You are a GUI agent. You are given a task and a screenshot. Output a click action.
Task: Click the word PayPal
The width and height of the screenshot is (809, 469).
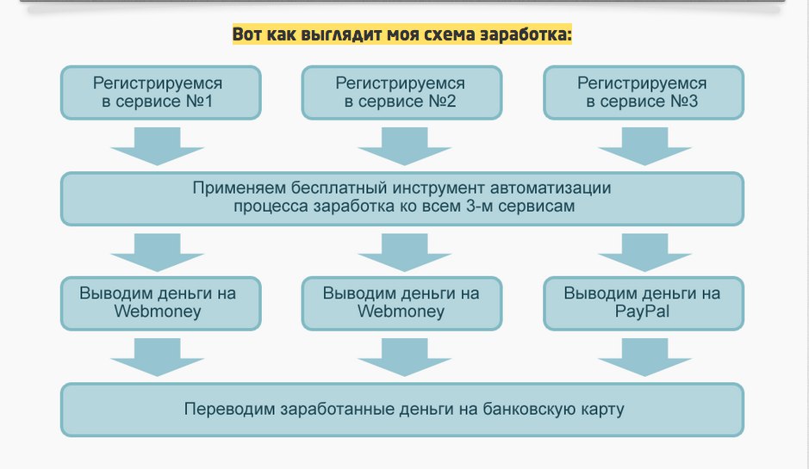642,312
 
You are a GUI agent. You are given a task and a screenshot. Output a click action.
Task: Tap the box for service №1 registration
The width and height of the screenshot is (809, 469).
159,93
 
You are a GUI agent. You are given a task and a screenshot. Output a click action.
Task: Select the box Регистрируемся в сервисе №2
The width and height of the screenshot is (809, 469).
401,93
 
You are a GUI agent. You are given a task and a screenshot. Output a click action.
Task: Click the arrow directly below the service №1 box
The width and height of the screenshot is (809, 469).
157,145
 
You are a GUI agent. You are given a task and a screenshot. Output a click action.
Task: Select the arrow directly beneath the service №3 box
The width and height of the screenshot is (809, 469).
644,145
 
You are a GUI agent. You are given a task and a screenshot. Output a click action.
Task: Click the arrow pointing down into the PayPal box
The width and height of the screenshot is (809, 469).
644,252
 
